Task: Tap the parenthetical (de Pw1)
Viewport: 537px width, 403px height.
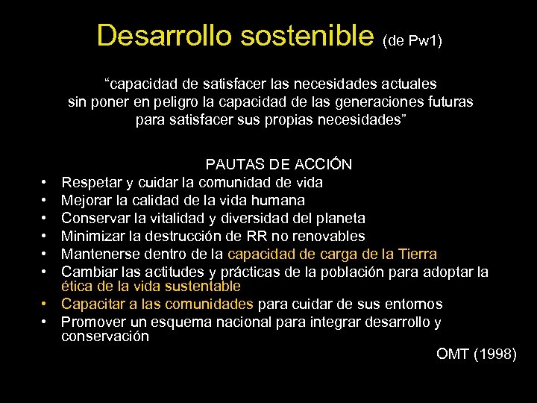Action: (x=412, y=40)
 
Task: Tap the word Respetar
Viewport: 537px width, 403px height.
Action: (x=92, y=181)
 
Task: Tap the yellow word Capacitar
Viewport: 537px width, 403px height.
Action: (x=93, y=304)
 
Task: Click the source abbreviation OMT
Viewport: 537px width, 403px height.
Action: (x=452, y=354)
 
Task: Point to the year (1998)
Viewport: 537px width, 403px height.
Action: (x=495, y=354)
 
